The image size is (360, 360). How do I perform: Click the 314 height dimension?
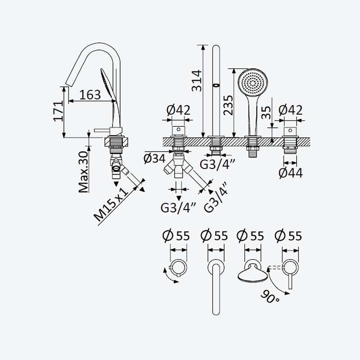pyautogui.click(x=197, y=81)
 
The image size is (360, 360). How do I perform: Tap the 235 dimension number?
pyautogui.click(x=228, y=105)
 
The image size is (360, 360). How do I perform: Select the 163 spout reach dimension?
pyautogui.click(x=90, y=94)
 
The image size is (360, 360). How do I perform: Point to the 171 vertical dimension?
pyautogui.click(x=58, y=111)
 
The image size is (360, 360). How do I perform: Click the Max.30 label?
pyautogui.click(x=83, y=172)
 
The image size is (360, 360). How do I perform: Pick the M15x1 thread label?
pyautogui.click(x=111, y=204)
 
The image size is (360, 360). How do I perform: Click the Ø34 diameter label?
pyautogui.click(x=154, y=158)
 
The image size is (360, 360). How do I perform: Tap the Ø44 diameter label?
pyautogui.click(x=291, y=173)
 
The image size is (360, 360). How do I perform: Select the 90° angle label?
pyautogui.click(x=270, y=297)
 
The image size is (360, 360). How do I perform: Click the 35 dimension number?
pyautogui.click(x=266, y=112)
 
